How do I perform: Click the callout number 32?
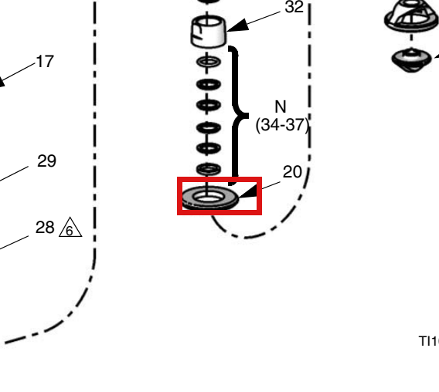pyautogui.click(x=294, y=7)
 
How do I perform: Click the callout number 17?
pyautogui.click(x=45, y=62)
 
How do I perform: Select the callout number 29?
pyautogui.click(x=46, y=161)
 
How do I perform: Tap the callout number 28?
pyautogui.click(x=45, y=228)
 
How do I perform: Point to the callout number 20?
pyautogui.click(x=292, y=171)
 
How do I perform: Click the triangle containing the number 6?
pyautogui.click(x=70, y=228)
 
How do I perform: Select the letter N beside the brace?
pyautogui.click(x=281, y=106)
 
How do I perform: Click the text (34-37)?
pyautogui.click(x=282, y=125)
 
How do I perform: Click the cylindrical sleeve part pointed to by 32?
pyautogui.click(x=209, y=32)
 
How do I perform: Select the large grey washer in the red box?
pyautogui.click(x=210, y=198)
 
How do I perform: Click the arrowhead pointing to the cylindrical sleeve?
pyautogui.click(x=237, y=25)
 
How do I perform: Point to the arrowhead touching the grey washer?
pyautogui.click(x=248, y=191)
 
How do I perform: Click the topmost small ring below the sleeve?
pyautogui.click(x=209, y=62)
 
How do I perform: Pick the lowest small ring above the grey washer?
pyautogui.click(x=209, y=169)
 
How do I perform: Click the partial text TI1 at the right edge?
pyautogui.click(x=429, y=341)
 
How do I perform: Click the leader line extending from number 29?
pyautogui.click(x=14, y=174)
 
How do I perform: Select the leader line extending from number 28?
pyautogui.click(x=14, y=242)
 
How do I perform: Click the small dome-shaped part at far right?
pyautogui.click(x=411, y=60)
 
